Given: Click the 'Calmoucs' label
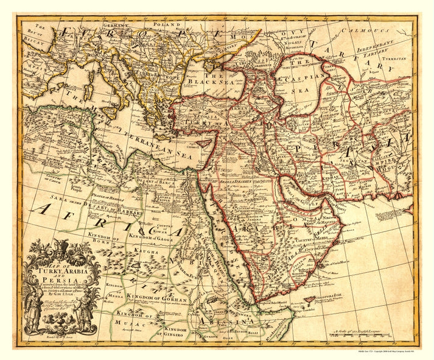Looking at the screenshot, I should click(362, 29).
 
